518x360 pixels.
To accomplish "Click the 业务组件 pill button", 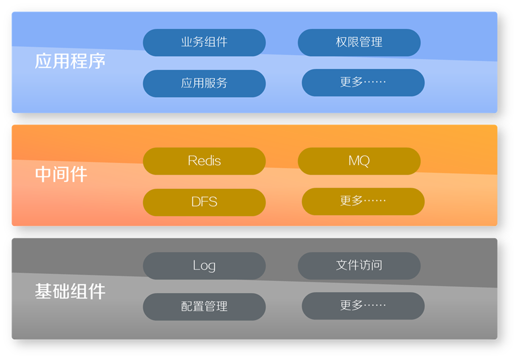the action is (x=204, y=42).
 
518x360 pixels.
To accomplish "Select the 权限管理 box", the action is (x=359, y=42).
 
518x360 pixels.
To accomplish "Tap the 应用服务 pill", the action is (x=204, y=83).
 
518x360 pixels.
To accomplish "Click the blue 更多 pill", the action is (x=363, y=82).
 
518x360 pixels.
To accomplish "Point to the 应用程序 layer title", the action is (x=70, y=61).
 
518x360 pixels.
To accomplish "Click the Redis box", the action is (x=204, y=161).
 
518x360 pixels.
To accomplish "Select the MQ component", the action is (x=359, y=161).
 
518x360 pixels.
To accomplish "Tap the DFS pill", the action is (x=204, y=202).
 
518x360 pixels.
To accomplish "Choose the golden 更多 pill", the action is (x=363, y=201).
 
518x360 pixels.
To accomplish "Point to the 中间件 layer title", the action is (x=61, y=174).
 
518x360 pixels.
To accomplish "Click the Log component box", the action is (x=204, y=266).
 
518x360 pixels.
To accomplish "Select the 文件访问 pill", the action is (x=359, y=266).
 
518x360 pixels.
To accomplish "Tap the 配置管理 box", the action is (x=204, y=306).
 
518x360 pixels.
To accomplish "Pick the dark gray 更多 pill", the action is (x=363, y=306).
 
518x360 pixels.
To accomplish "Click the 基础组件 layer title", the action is (x=70, y=291).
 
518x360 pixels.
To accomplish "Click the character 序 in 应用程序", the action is (x=97, y=61).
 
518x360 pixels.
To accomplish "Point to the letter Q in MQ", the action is (x=364, y=161).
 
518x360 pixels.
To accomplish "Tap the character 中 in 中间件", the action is (x=44, y=174).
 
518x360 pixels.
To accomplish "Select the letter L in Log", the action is (x=196, y=265).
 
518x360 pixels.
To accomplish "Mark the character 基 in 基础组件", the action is (x=44, y=291).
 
